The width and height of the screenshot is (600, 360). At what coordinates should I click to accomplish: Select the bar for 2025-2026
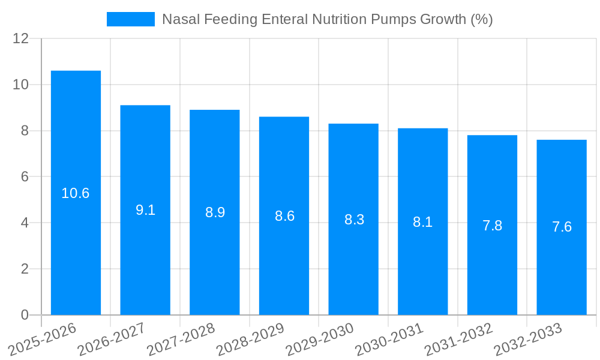[76, 193]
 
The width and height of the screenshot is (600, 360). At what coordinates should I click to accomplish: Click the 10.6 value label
[76, 193]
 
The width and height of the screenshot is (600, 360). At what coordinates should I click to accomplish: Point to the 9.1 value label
[145, 210]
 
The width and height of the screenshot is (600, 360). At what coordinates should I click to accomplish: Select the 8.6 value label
[284, 216]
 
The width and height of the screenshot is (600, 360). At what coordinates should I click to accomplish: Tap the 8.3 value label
[354, 220]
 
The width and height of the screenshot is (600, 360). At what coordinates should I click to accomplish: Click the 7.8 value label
[492, 226]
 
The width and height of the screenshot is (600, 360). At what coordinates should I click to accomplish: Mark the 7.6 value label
[562, 227]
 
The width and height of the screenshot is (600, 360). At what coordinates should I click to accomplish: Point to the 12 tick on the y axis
[21, 38]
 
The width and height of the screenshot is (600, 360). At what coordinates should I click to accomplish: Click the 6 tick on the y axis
[25, 177]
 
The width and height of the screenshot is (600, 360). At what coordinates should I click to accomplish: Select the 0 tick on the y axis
[25, 315]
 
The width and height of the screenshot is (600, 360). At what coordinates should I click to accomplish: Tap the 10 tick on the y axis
[21, 85]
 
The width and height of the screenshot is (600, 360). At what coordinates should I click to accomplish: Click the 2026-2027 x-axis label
[112, 338]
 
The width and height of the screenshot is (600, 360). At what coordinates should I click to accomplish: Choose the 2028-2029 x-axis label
[251, 338]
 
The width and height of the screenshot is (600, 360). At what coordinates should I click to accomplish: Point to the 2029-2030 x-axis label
[320, 338]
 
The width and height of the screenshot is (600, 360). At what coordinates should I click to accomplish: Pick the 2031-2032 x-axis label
[459, 338]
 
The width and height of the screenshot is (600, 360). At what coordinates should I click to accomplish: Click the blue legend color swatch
[130, 19]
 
